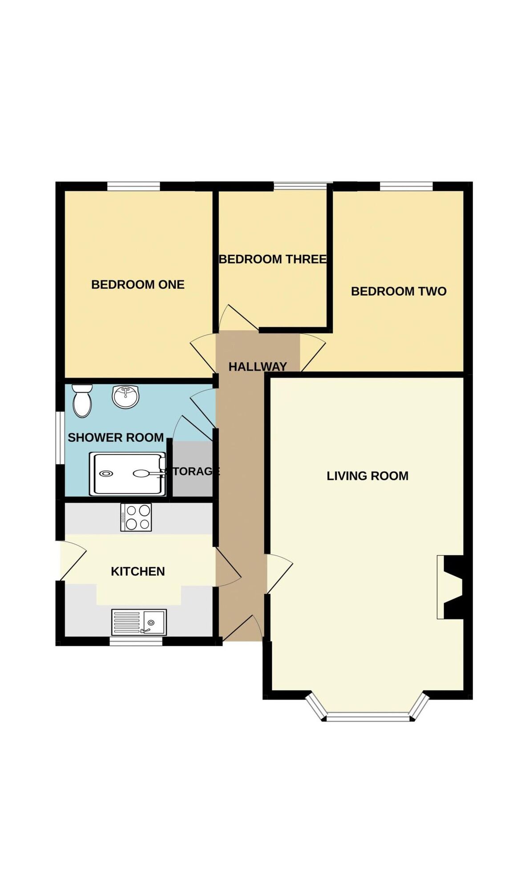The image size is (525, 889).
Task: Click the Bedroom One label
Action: [x=137, y=284]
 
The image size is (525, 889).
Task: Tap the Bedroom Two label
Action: [x=399, y=291]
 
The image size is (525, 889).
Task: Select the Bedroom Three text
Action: [x=273, y=259]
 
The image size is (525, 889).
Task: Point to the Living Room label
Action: [x=367, y=476]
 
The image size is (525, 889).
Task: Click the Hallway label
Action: [x=258, y=367]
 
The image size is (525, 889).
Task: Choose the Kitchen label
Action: [x=138, y=571]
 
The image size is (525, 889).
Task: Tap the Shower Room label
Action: [x=116, y=437]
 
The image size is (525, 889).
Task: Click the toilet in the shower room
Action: [x=82, y=401]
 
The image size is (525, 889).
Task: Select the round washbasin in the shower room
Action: [x=125, y=396]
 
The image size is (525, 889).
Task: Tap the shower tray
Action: [x=128, y=474]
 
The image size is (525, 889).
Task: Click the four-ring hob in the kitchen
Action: [x=136, y=517]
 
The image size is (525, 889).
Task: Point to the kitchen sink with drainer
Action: [x=139, y=622]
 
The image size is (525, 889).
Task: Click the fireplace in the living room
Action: [x=450, y=587]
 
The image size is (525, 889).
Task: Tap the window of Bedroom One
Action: [x=133, y=186]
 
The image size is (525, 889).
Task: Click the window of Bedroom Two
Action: [x=406, y=186]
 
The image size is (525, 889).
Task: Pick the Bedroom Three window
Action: [x=300, y=186]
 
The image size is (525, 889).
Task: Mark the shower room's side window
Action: [x=60, y=438]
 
